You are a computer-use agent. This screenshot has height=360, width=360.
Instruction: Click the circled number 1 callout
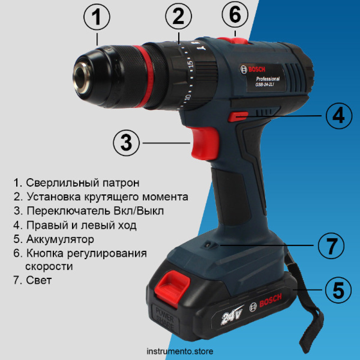coord(96,17)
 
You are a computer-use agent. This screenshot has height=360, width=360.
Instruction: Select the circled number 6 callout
coord(235,14)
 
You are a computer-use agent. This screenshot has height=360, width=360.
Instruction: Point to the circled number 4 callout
coord(339,116)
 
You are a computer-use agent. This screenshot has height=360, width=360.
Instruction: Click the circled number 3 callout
coord(126,143)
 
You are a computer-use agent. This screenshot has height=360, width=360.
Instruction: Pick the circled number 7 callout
coord(331,246)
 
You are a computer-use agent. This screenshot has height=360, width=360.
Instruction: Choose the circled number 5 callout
coord(338,290)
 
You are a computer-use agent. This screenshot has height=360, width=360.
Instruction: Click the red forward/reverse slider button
coord(238,116)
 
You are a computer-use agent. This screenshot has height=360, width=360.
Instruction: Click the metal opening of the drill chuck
coord(82,78)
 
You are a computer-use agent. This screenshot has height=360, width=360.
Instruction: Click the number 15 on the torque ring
coord(190,64)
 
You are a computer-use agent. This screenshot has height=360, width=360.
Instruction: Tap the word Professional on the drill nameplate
coord(268,79)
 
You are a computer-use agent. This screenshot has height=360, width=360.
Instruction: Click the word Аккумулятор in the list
coord(60,239)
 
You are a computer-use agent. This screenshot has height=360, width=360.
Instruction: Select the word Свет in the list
coord(39,280)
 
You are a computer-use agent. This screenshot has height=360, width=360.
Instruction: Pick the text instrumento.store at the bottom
coord(180,351)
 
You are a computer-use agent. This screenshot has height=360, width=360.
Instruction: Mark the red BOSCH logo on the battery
coord(270,300)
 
